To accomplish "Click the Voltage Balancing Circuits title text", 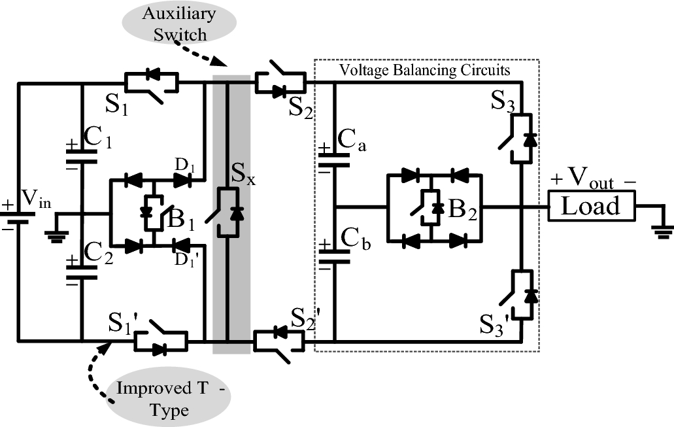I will point(426,69).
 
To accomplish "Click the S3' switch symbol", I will point(521,294).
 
